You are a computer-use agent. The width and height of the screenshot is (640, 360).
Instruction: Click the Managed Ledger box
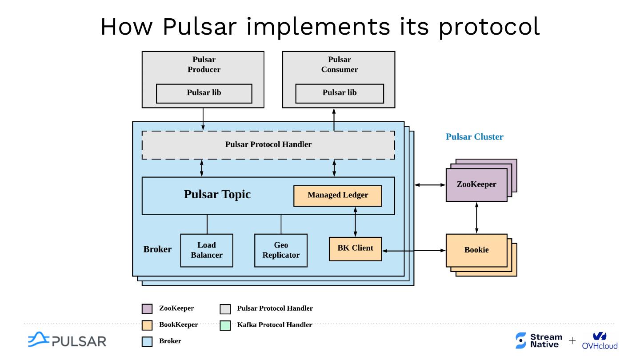[x=337, y=196]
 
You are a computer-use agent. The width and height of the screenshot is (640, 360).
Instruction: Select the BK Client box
[x=355, y=248]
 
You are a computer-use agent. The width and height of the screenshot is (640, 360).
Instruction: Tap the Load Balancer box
[x=206, y=250]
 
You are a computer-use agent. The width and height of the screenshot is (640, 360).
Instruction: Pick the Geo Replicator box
[x=280, y=250]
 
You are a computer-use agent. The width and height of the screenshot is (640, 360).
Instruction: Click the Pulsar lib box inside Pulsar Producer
[x=204, y=93]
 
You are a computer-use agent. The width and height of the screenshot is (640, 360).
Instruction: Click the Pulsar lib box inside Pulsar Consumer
[x=339, y=93]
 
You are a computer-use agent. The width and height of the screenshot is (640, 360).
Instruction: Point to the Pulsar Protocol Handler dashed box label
[x=268, y=144]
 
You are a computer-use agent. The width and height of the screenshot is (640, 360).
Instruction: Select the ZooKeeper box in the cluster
[x=476, y=184]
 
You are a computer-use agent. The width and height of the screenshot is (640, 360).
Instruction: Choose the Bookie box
[x=476, y=250]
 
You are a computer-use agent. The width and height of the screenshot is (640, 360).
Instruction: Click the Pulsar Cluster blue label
[x=474, y=137]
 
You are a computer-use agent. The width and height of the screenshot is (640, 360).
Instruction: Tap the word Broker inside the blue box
[x=157, y=249]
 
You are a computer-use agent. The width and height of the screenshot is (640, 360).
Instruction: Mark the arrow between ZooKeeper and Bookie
[x=476, y=218]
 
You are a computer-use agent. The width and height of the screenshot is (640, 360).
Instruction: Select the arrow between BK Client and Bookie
[x=413, y=251]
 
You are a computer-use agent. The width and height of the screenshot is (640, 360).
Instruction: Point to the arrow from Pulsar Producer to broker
[x=203, y=119]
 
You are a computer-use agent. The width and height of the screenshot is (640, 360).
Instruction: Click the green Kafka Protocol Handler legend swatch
[x=225, y=325]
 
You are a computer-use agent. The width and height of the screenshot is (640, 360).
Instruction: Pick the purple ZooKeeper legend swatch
[x=147, y=309]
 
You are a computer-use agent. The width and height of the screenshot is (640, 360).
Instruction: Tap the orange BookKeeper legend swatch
[x=147, y=325]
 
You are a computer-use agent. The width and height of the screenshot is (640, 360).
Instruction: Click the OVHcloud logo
[x=600, y=341]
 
